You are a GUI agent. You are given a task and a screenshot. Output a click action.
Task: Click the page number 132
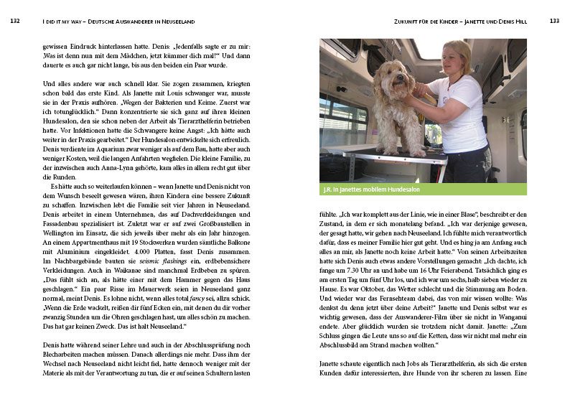(15, 21)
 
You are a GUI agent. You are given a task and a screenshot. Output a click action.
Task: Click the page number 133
(553, 21)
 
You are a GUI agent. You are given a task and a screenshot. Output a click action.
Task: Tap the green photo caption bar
(423, 190)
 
